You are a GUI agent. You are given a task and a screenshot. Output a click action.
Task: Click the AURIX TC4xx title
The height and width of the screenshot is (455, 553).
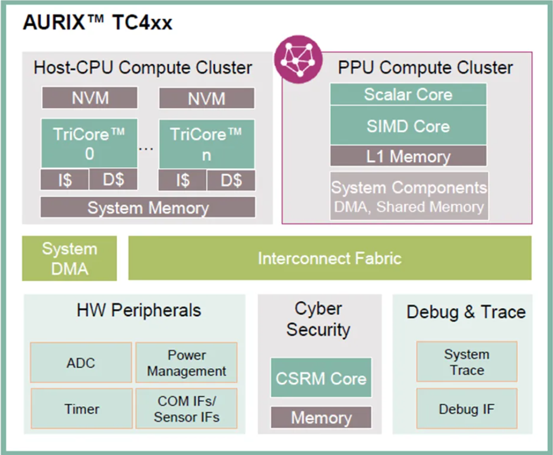98,22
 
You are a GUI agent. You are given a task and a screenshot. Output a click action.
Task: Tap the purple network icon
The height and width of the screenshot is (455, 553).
298,59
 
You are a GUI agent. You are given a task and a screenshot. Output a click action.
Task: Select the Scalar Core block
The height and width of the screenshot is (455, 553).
408,94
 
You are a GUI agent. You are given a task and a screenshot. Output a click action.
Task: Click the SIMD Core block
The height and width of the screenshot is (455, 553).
408,126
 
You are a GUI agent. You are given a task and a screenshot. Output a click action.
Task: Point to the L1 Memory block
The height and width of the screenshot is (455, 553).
408,156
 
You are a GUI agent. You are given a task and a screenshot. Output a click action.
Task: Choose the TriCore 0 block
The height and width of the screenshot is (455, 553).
89,143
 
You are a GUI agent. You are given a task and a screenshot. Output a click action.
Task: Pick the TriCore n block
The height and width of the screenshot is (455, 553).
206,144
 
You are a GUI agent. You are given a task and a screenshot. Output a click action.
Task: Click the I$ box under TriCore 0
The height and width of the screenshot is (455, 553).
65,179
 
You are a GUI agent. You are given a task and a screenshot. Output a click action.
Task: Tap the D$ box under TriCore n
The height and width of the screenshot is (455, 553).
231,180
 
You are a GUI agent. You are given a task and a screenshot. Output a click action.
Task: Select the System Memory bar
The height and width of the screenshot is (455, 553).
148,207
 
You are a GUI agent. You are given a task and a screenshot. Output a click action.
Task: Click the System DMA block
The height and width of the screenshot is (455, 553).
70,259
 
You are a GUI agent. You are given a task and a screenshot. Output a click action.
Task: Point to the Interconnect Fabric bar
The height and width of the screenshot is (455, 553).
329,258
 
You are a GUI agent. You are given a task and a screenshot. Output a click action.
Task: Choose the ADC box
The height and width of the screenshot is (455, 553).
81,362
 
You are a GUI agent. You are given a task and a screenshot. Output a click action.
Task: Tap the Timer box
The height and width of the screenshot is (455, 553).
81,408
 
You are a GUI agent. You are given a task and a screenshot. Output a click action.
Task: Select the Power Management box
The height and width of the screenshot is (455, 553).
187,362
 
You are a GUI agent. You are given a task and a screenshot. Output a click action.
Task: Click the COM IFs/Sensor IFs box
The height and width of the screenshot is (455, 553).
187,408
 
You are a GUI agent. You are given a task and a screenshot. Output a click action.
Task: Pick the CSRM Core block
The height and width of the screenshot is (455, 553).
321,378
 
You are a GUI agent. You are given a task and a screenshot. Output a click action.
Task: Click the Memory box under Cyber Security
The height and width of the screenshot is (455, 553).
321,417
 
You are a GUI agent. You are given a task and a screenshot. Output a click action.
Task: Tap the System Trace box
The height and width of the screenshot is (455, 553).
467,362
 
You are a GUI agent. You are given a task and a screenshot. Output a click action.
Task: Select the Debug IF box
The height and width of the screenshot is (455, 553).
467,408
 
